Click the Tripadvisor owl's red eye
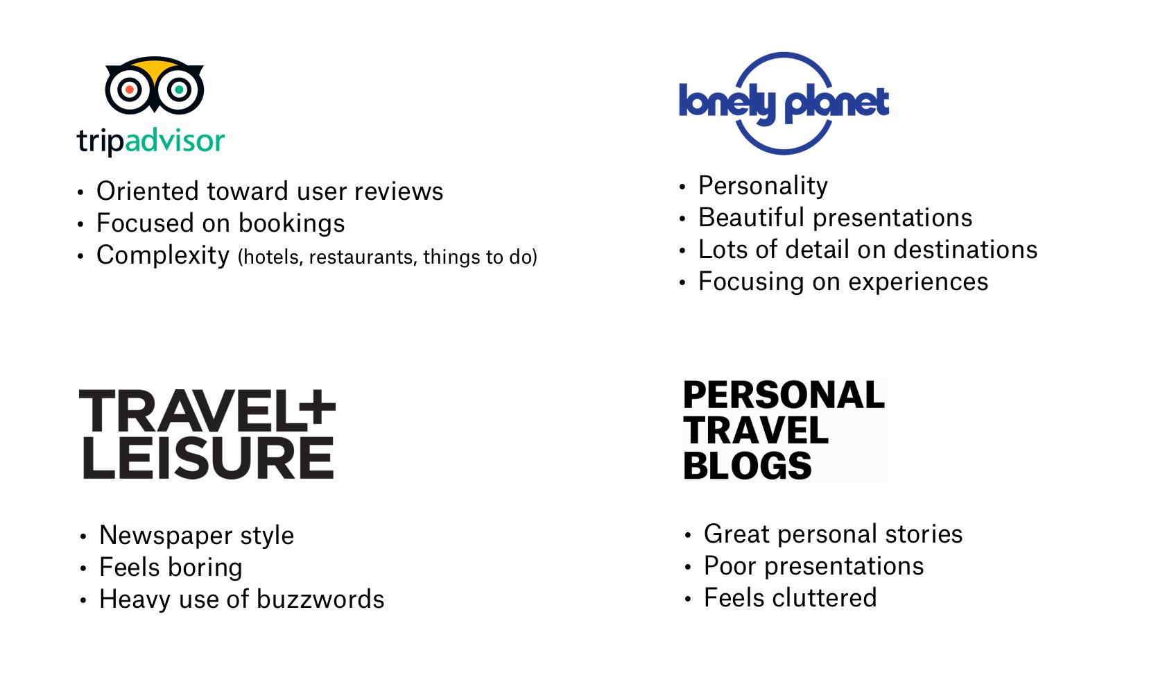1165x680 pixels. (130, 90)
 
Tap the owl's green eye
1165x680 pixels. (179, 90)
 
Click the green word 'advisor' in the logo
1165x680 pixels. (175, 140)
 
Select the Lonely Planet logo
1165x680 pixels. (784, 103)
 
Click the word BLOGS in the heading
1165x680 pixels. (748, 466)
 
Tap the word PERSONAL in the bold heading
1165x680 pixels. (784, 395)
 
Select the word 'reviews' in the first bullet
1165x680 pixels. (399, 192)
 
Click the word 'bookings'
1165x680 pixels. (292, 223)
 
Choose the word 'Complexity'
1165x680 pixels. (163, 255)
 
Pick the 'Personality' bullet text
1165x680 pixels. (763, 186)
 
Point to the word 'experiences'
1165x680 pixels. (918, 282)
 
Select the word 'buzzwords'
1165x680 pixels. (320, 600)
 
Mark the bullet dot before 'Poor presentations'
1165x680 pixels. (688, 567)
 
